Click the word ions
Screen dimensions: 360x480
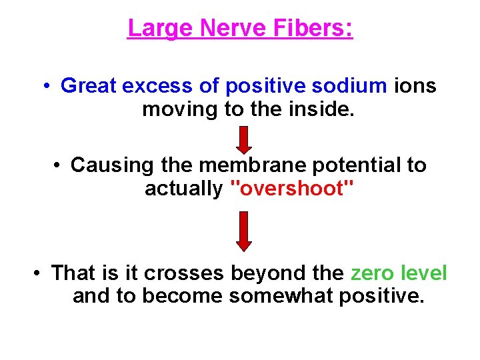[x=415, y=86]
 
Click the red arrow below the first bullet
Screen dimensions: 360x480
[x=244, y=139]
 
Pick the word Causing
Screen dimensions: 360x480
[x=109, y=165]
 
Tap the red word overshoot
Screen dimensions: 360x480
[x=291, y=189]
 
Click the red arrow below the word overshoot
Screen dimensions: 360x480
[x=244, y=230]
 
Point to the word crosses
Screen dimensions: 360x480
[x=185, y=273]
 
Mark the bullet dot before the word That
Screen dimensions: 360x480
[x=39, y=273]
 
